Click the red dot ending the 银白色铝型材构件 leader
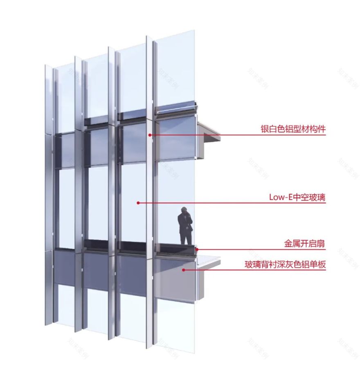[150, 135]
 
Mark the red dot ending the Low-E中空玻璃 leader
[138, 202]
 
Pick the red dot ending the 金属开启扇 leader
[197, 249]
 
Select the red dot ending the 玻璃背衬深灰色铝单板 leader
[183, 269]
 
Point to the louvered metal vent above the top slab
[176, 110]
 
